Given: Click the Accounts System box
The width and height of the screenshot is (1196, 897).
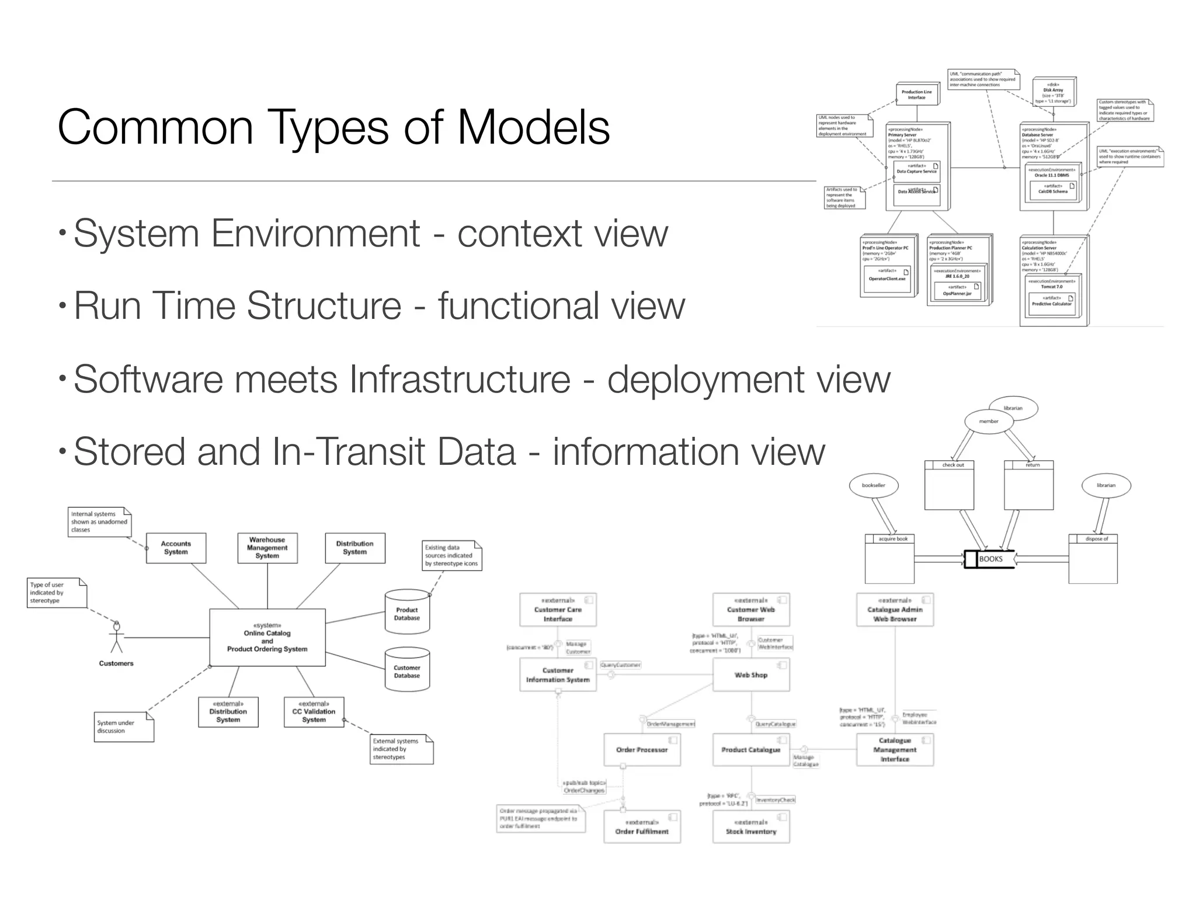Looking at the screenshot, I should (x=176, y=548).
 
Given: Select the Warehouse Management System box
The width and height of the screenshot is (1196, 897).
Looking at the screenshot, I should (x=267, y=548).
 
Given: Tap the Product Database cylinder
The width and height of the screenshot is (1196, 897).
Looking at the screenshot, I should (x=407, y=613).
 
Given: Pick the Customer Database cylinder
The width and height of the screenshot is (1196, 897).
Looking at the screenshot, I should (x=407, y=671).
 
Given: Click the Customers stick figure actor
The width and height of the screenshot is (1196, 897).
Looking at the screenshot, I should (x=117, y=637).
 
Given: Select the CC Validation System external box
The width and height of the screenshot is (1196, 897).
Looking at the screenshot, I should (x=314, y=712).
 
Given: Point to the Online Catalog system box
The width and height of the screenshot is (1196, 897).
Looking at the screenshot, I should (x=267, y=638).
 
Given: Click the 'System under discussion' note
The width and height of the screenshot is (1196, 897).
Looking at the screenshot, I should (x=123, y=727).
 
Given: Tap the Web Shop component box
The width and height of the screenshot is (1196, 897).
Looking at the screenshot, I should (x=751, y=675).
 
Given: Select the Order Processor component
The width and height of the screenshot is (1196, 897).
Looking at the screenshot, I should (x=642, y=750).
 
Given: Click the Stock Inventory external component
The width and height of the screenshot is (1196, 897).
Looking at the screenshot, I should (x=751, y=827).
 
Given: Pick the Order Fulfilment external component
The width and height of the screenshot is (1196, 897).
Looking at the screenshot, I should (x=642, y=827).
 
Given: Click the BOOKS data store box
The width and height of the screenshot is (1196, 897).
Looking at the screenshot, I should (x=990, y=559).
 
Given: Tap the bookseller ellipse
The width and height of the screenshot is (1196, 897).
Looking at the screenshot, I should (x=874, y=485).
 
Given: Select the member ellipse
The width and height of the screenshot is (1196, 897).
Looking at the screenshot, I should (x=989, y=421).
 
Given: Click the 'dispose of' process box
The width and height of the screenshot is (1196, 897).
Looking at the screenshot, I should (x=1093, y=559).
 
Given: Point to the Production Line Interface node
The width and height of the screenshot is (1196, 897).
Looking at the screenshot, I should (x=917, y=95).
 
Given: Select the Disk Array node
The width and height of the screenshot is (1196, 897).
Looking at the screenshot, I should (x=1054, y=92).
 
